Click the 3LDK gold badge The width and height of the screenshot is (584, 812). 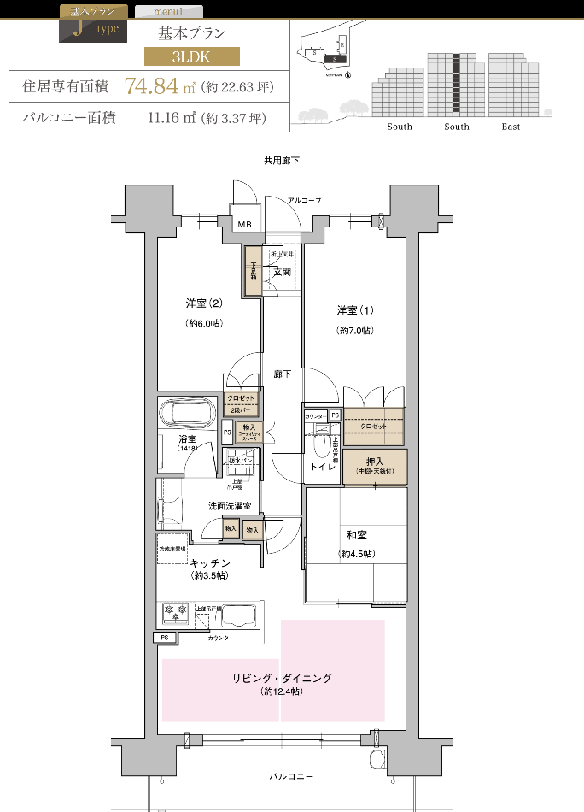coord(191,57)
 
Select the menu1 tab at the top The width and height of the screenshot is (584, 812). coord(169,12)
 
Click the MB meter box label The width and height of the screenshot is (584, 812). coord(245,225)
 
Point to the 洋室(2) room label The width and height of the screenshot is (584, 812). coord(204,303)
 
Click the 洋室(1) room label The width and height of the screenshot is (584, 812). coord(354,309)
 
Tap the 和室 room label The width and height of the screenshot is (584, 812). coord(356,535)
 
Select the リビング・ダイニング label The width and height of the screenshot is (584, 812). coord(281,678)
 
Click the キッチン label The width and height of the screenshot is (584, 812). coord(210,562)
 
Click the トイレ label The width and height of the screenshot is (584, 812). coord(322,468)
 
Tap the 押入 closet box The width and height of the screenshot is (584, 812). coord(375,465)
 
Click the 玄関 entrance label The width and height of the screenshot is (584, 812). coord(282,271)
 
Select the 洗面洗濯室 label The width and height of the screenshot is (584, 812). coord(231,506)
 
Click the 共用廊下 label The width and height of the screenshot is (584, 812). coord(281,161)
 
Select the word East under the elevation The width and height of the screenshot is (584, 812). coord(511,127)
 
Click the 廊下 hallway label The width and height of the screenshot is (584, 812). coord(282,374)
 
